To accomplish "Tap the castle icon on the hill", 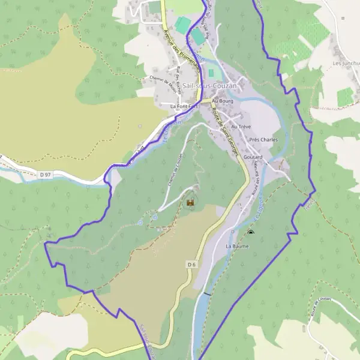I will click(191, 204).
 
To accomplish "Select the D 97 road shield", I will click(44, 175).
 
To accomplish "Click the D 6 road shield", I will click(191, 264).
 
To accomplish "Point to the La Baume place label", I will click(236, 246).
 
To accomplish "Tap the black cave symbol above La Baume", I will click(250, 232).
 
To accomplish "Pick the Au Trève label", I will click(240, 127).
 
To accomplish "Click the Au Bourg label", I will click(222, 101).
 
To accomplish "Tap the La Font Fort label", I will click(184, 106).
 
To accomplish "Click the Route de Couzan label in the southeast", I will click(321, 307).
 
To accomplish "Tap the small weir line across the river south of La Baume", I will click(207, 294).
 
